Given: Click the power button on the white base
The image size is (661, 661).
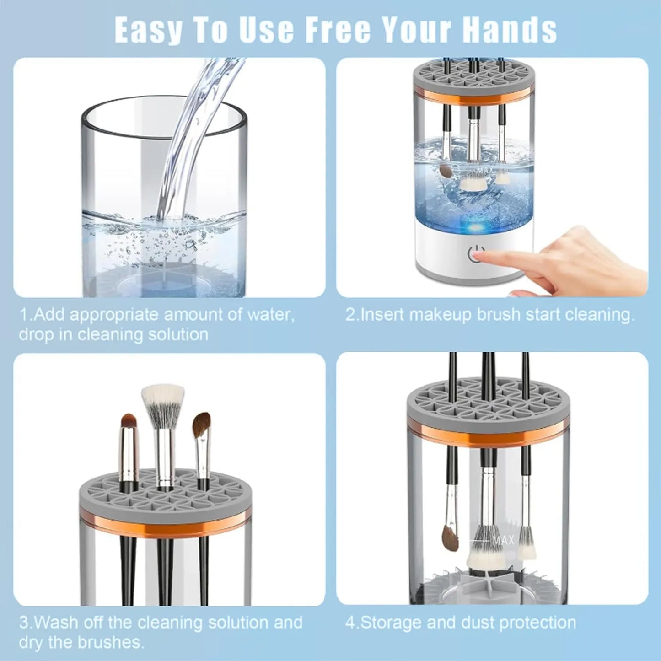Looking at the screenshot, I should (476, 254).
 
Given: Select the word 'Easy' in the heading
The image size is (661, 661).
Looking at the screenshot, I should (147, 30).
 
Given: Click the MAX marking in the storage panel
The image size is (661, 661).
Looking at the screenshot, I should (503, 541).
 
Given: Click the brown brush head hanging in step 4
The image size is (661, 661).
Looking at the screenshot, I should (450, 538).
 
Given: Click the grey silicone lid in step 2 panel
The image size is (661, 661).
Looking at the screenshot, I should (473, 78).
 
